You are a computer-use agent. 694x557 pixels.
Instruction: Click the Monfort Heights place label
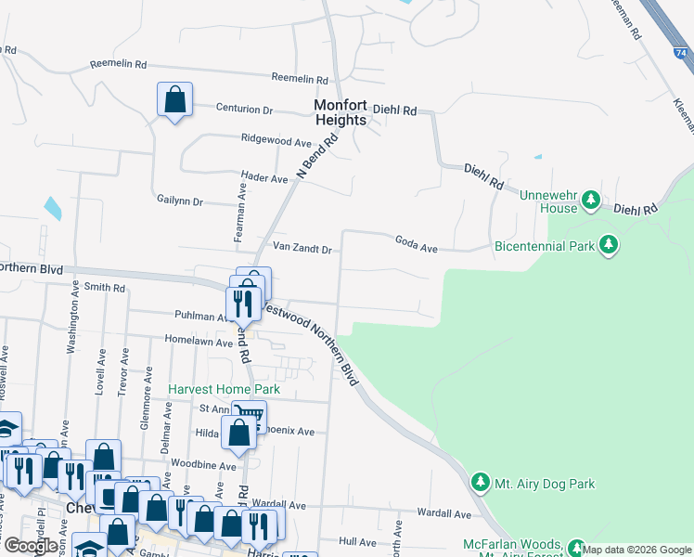point(341,112)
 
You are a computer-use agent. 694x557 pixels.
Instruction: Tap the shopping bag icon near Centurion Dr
point(174,99)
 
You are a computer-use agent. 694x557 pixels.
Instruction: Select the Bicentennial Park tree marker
point(609,246)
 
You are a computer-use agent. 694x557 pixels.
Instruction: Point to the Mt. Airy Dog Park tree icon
point(480,483)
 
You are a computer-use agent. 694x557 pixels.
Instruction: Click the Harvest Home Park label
point(224,389)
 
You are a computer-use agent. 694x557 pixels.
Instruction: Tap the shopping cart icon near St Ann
point(248,413)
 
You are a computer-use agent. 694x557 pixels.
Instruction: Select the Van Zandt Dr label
point(302,249)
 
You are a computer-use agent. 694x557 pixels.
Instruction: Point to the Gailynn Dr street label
point(180,201)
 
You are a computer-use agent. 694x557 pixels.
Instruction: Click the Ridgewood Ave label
point(276,142)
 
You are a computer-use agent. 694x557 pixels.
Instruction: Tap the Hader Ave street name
point(264,178)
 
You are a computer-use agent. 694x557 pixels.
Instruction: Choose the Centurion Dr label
point(244,110)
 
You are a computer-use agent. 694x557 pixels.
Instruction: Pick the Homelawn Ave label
point(199,343)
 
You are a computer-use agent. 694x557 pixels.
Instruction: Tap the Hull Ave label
point(357,541)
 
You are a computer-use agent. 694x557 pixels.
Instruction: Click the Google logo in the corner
point(30,545)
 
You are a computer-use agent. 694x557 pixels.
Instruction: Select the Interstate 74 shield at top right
point(682,52)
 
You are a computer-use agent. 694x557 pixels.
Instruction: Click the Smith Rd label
point(104,289)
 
